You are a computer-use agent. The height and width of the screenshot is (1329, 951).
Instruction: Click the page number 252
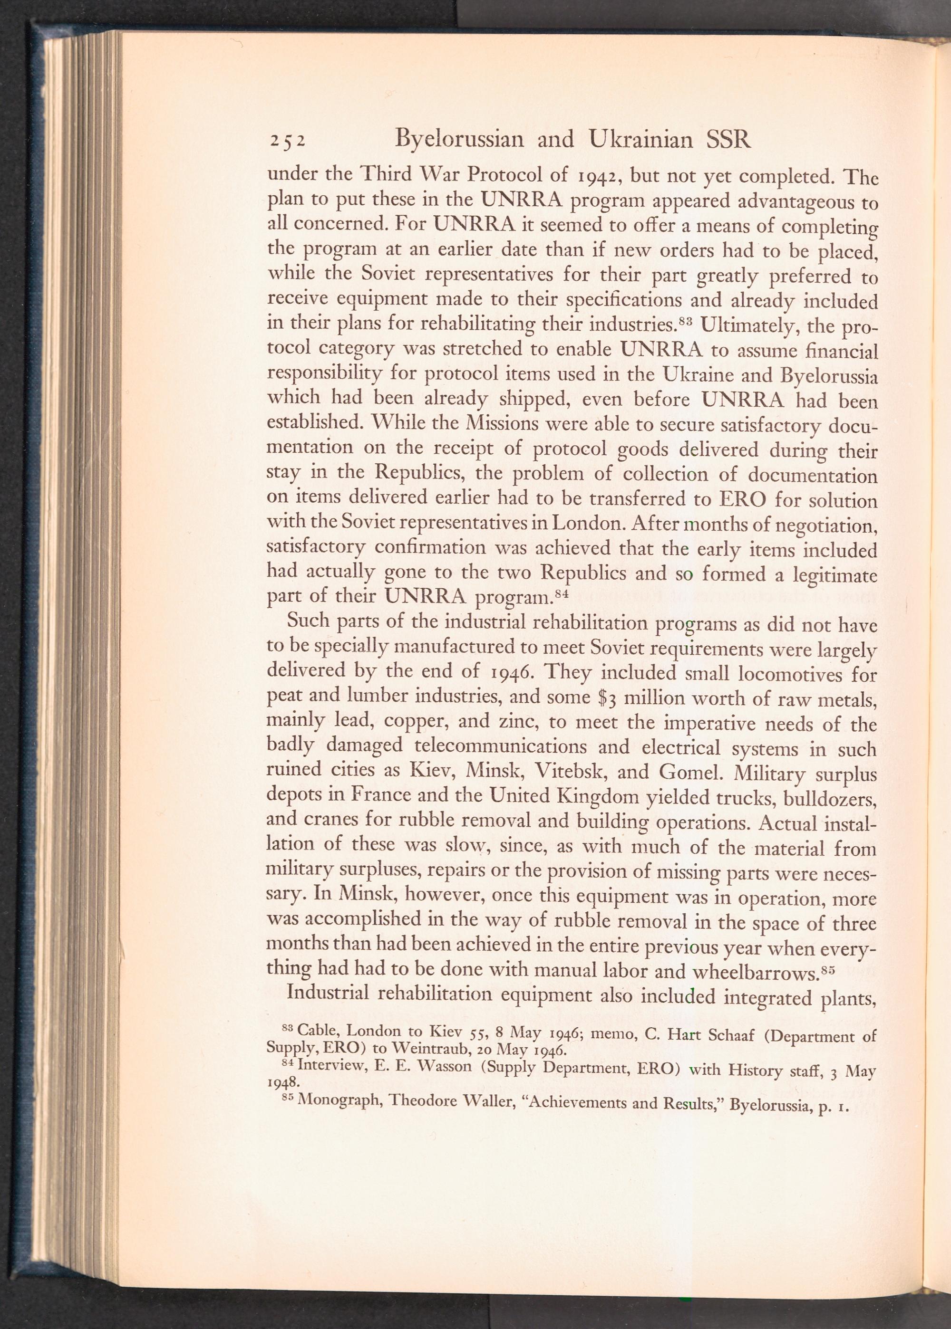(286, 141)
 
